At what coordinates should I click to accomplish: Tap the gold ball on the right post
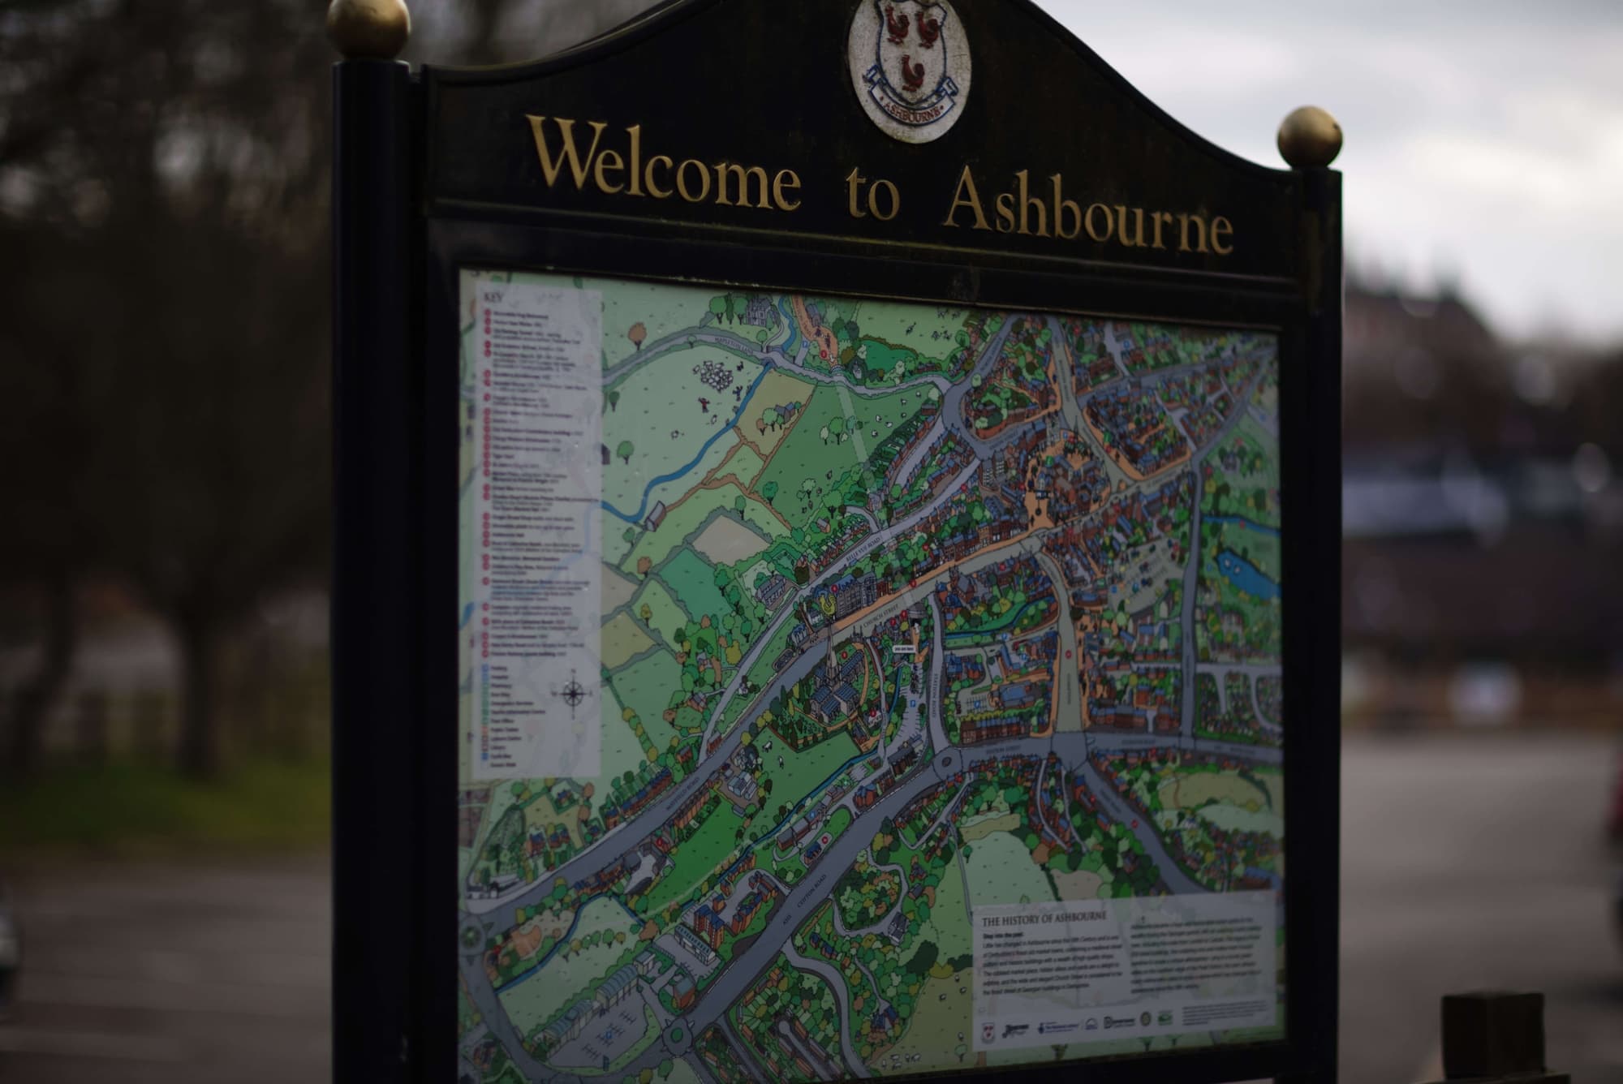pos(1309,136)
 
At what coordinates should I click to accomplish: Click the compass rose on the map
pos(573,692)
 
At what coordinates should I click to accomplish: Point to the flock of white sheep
pos(714,375)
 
